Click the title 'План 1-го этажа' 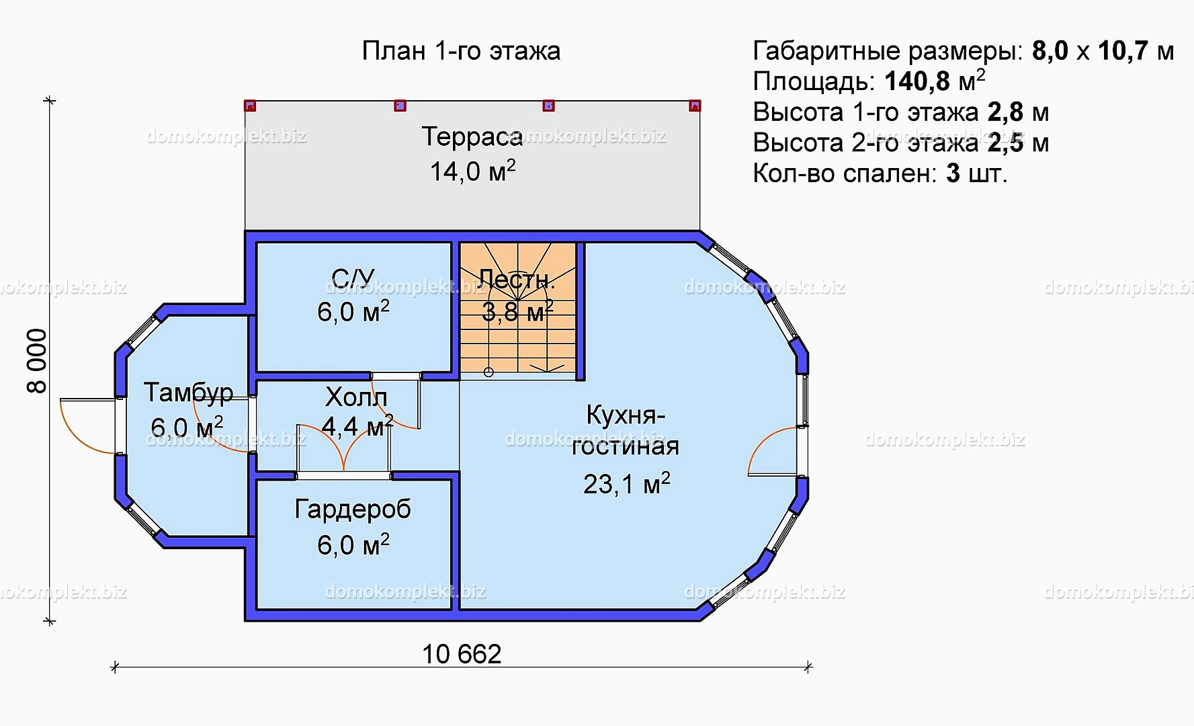(x=461, y=51)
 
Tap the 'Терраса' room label (x=472, y=136)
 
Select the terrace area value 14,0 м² (x=473, y=171)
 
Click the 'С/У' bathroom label (x=353, y=278)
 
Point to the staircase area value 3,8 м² (x=518, y=311)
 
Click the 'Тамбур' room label (x=189, y=393)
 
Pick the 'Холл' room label (x=356, y=397)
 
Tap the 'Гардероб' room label (x=353, y=510)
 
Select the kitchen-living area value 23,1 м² (x=626, y=483)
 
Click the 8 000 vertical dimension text (x=37, y=360)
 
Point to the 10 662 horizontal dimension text (x=462, y=654)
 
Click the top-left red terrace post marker (x=250, y=106)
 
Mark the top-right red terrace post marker (x=695, y=106)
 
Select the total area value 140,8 (x=917, y=81)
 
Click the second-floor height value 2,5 (x=1006, y=143)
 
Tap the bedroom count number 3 (x=953, y=173)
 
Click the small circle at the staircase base (x=488, y=372)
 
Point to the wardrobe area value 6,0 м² (x=353, y=544)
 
